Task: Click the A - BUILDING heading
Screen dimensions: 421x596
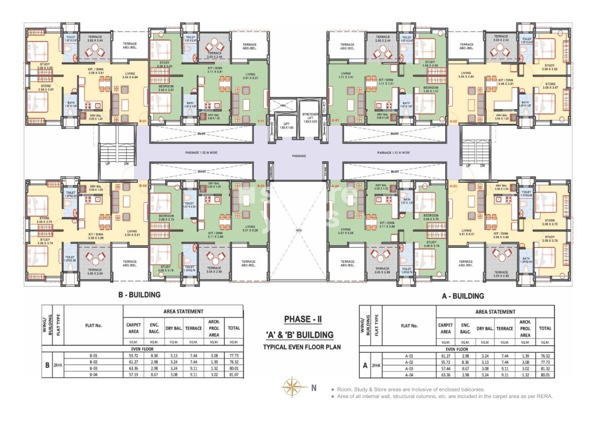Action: click(462, 296)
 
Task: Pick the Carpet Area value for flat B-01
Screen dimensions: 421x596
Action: click(133, 355)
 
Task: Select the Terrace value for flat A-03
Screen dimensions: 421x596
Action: click(504, 369)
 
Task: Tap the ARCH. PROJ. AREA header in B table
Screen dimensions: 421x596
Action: click(213, 328)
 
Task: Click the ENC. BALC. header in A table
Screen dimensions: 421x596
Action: click(466, 328)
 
